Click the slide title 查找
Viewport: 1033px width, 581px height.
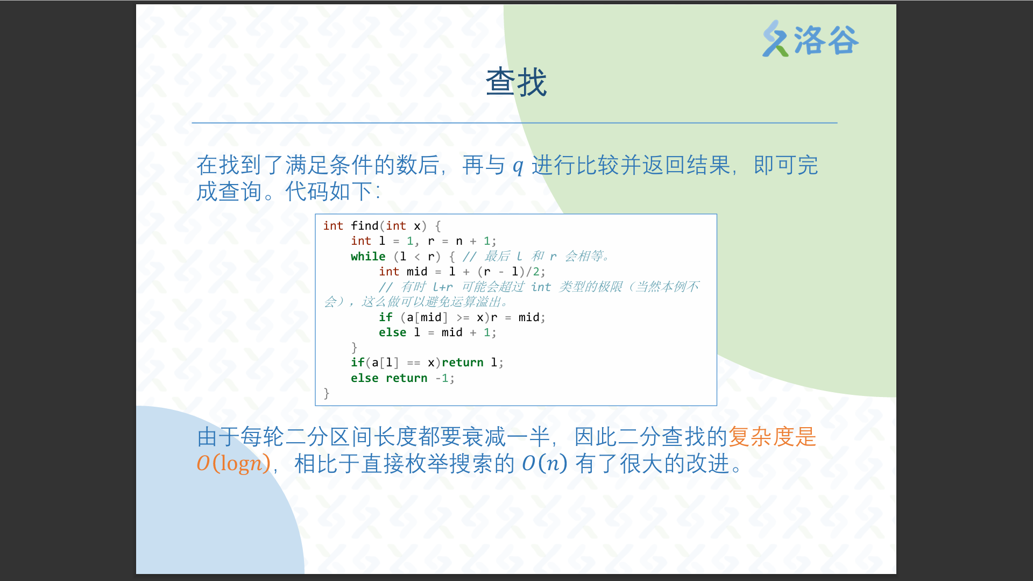click(516, 82)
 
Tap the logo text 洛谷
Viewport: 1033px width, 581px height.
click(826, 40)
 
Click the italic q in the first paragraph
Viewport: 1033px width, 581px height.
click(518, 166)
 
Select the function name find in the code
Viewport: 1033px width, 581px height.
click(365, 226)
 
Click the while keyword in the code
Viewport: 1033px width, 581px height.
click(368, 257)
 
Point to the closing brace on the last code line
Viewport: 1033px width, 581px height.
click(326, 394)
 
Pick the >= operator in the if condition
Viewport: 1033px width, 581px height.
click(463, 317)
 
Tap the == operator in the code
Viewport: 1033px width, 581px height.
click(414, 363)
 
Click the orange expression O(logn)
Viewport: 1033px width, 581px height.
click(234, 463)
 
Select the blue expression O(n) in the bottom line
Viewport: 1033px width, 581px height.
click(544, 463)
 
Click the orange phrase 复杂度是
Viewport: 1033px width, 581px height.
click(772, 436)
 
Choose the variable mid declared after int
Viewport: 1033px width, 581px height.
click(417, 272)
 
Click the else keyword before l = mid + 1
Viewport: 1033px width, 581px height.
click(392, 332)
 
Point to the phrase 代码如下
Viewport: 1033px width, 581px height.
click(329, 192)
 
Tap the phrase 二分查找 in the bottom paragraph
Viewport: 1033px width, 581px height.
click(661, 436)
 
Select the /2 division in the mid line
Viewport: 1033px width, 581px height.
click(533, 272)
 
